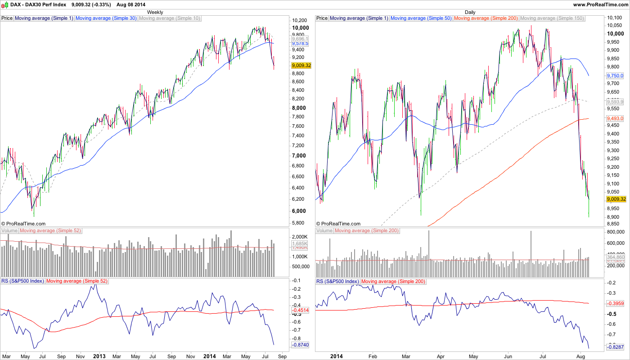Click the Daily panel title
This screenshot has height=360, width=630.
470,12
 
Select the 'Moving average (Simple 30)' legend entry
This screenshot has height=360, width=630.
106,18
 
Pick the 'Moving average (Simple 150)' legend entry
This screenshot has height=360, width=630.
552,18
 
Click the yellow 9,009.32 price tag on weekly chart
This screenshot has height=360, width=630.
301,65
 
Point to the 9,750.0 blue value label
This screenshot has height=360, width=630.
615,76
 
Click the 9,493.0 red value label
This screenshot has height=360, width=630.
615,118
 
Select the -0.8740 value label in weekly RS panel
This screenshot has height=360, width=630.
301,345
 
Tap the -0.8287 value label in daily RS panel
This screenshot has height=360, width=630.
616,348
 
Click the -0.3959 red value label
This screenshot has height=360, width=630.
616,304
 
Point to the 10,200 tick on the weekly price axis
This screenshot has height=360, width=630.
300,20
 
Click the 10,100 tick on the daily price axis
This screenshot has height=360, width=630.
615,18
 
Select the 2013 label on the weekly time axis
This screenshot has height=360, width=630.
99,356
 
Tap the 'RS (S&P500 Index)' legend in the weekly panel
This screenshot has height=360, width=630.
22,281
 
